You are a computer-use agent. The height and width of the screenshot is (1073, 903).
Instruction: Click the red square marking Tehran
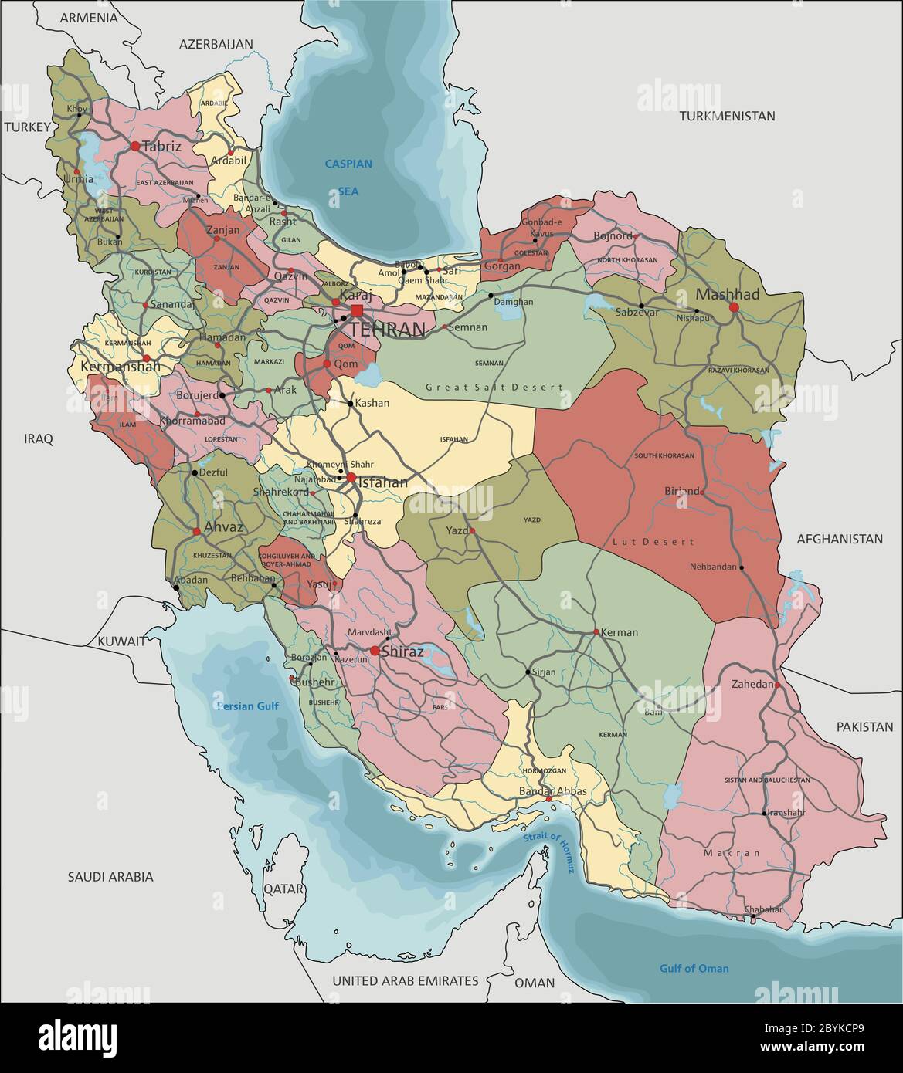pos(356,310)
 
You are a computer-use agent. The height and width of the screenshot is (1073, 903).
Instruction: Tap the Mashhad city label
pos(727,294)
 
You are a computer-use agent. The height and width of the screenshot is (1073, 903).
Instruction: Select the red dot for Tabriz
pos(135,145)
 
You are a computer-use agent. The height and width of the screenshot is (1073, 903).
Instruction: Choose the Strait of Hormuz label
pos(549,853)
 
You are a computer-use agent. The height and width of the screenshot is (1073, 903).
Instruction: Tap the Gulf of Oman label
pos(694,968)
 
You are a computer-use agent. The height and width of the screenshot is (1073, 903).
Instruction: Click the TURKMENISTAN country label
pos(727,116)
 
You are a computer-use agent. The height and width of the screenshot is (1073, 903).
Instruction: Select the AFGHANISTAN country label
pos(839,539)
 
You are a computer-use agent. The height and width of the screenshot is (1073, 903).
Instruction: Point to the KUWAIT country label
pos(121,641)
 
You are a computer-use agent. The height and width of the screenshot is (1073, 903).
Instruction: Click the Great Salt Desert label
pos(494,387)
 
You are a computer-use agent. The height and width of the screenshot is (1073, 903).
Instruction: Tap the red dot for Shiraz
pos(375,652)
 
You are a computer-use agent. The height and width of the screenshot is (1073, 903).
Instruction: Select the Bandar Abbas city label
pos(552,791)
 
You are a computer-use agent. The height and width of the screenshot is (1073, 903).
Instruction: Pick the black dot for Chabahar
pos(752,916)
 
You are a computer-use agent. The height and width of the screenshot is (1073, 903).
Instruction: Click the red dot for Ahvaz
pos(197,530)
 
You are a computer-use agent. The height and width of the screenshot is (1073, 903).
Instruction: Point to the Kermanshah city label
pos(121,367)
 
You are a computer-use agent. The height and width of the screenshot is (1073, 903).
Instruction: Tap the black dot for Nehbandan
pos(742,568)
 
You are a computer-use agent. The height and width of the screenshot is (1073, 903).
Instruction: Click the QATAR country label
pos(284,889)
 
